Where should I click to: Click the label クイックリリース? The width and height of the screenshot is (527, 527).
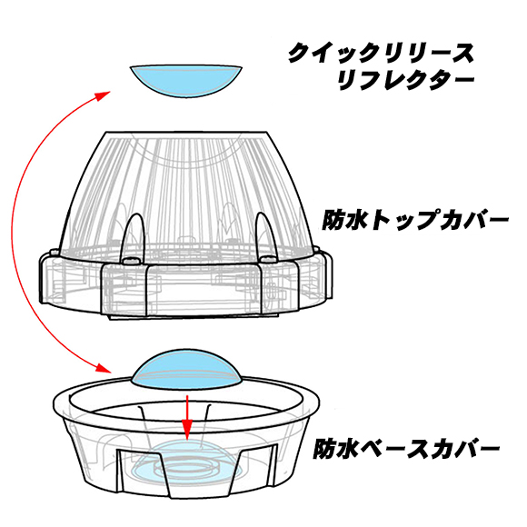point(381,53)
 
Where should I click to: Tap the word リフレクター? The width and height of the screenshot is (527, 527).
point(405,80)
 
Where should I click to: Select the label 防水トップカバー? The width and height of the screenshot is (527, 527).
point(415,221)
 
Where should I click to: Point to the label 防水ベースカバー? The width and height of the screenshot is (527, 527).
point(406,448)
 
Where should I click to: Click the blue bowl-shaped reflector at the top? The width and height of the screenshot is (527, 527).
point(186,81)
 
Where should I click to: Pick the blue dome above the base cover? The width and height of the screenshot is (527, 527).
point(187,370)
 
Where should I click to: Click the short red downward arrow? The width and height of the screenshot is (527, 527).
point(187,418)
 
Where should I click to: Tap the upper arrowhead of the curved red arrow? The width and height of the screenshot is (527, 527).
point(103,95)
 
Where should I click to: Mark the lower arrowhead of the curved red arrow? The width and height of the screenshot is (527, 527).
point(103,367)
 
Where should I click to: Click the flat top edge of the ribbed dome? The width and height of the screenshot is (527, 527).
point(186,132)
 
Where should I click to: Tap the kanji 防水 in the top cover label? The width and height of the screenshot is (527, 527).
point(343,221)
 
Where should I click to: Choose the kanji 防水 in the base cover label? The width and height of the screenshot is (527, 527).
point(335,448)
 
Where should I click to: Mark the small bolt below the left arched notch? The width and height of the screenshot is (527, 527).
point(131,261)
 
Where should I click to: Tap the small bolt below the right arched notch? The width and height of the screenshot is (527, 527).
point(268,260)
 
